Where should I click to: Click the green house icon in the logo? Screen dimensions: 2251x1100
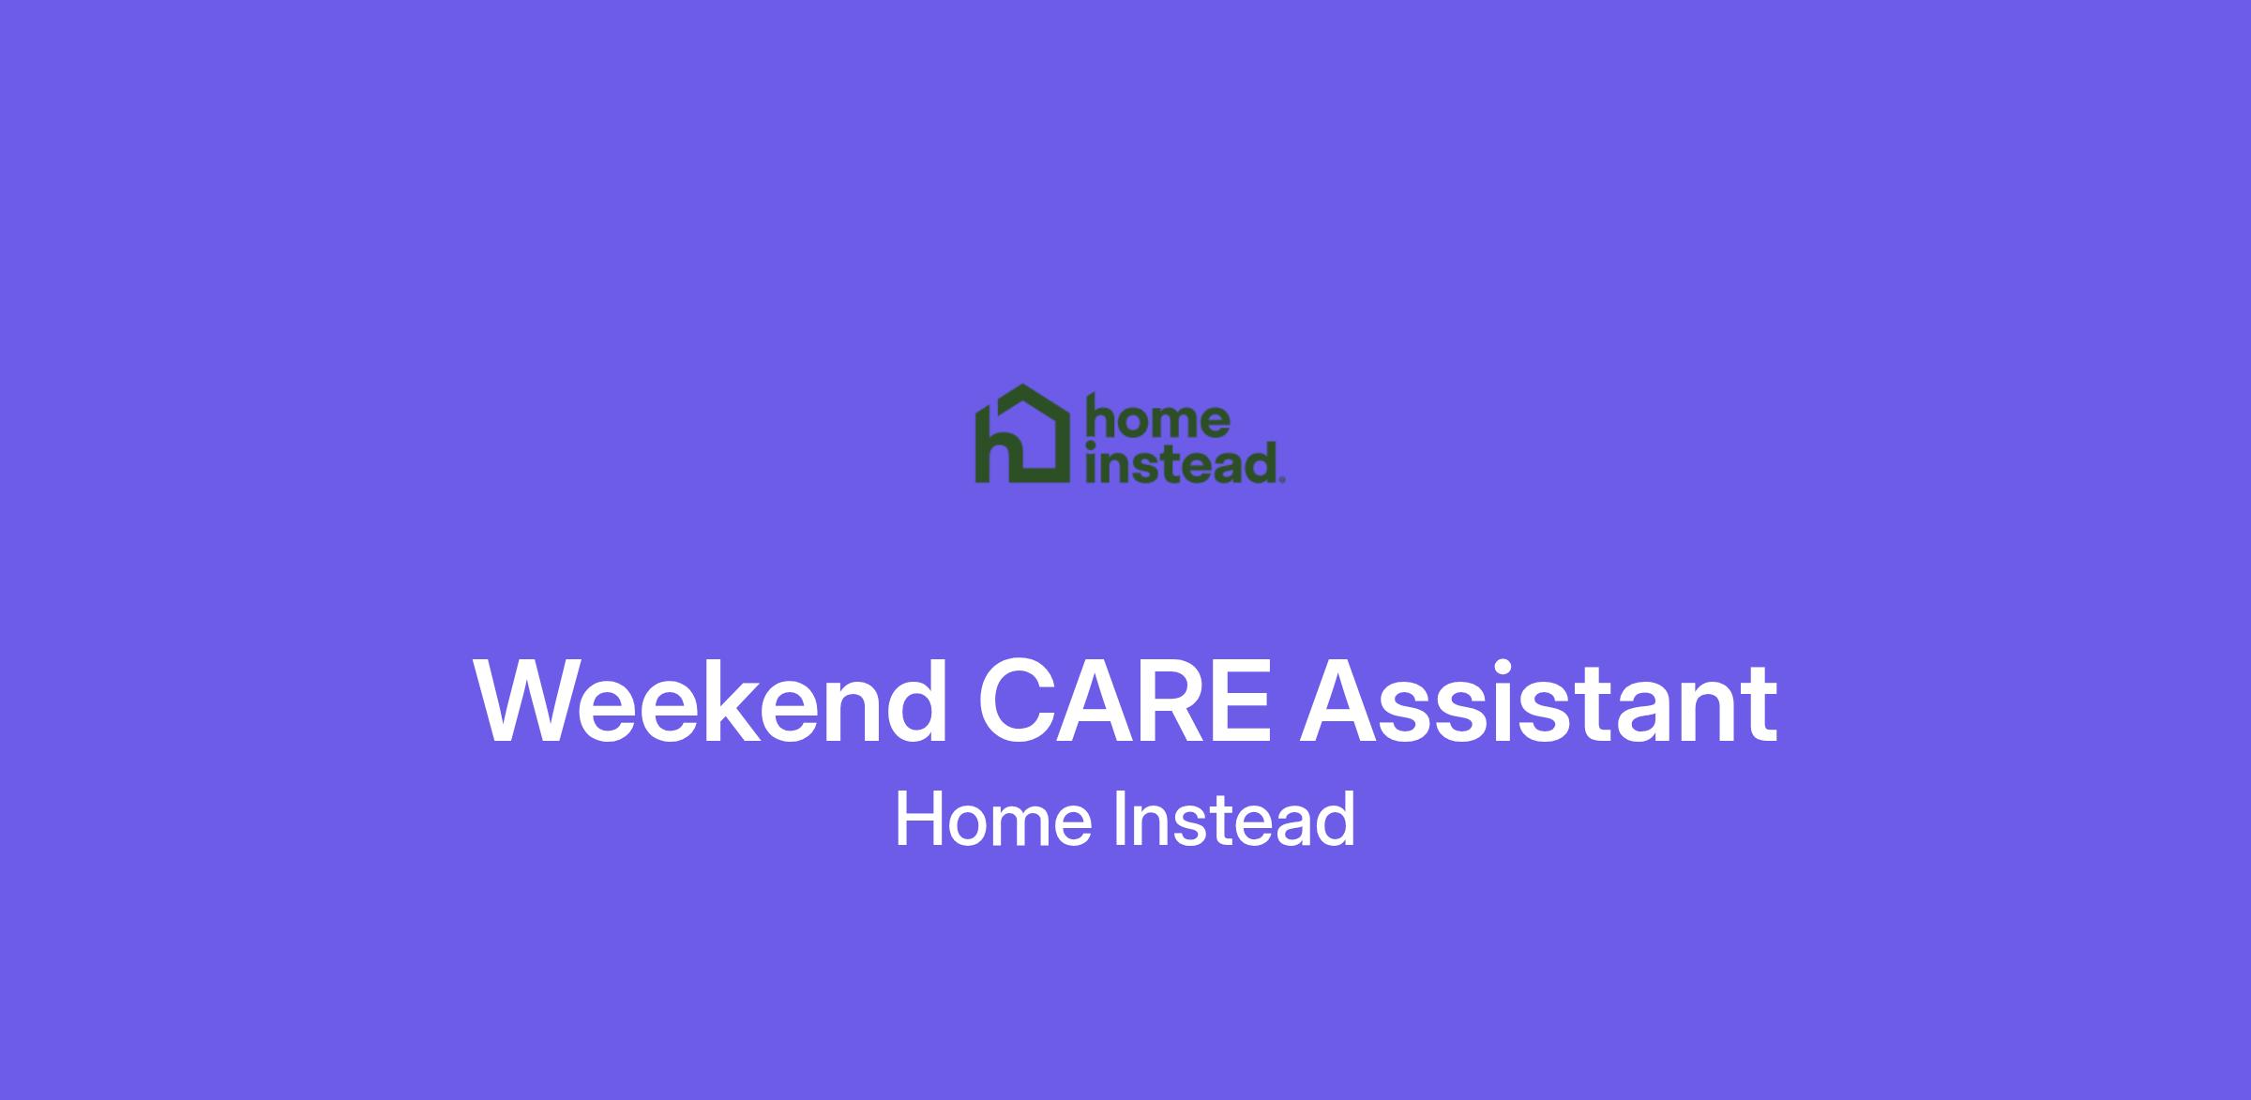pyautogui.click(x=1022, y=434)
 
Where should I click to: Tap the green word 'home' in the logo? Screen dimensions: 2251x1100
pyautogui.click(x=1156, y=418)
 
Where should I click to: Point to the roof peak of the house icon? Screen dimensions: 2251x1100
pyautogui.click(x=1022, y=385)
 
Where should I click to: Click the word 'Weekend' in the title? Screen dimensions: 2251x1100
pyautogui.click(x=711, y=702)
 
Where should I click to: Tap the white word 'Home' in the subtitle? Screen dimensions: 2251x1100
pyautogui.click(x=994, y=820)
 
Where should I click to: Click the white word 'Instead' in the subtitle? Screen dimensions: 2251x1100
pyautogui.click(x=1234, y=820)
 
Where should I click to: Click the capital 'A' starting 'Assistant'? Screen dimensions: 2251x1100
pyautogui.click(x=1340, y=702)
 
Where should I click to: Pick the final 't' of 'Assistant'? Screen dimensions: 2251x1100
pyautogui.click(x=1759, y=707)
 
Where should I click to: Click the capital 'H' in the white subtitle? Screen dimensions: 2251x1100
pyautogui.click(x=918, y=820)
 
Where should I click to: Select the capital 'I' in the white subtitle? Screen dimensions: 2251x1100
pyautogui.click(x=1119, y=820)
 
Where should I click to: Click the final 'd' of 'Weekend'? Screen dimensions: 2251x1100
pyautogui.click(x=917, y=702)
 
